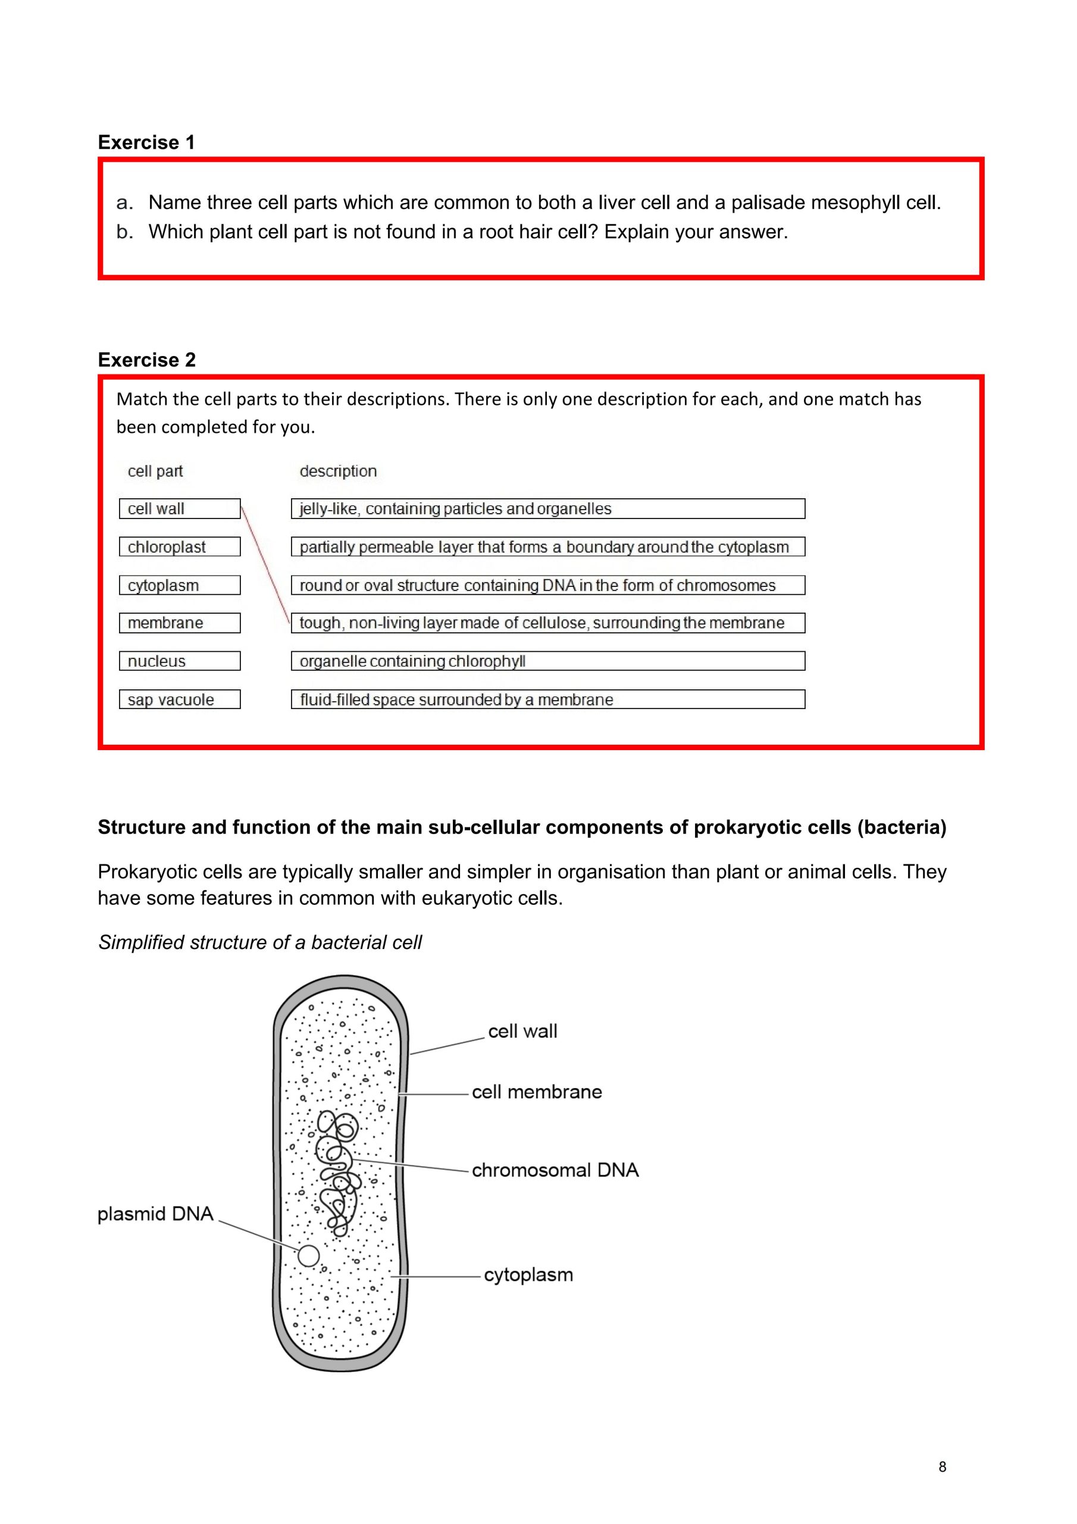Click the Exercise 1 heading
(x=146, y=142)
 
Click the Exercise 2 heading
(x=146, y=360)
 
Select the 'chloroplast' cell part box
(x=179, y=547)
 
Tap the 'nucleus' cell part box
(x=179, y=661)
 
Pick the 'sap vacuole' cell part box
(x=179, y=699)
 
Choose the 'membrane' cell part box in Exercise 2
(x=179, y=623)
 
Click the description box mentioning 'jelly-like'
(x=547, y=509)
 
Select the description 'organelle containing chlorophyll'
(x=547, y=661)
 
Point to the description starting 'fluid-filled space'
(x=547, y=699)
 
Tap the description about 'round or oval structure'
(x=547, y=585)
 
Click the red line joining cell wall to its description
(x=265, y=566)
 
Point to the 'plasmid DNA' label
(x=155, y=1214)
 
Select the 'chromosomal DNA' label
(x=555, y=1170)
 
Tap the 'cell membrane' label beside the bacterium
(x=537, y=1092)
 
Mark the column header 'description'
(x=338, y=471)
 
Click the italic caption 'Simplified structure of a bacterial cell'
(x=260, y=942)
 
